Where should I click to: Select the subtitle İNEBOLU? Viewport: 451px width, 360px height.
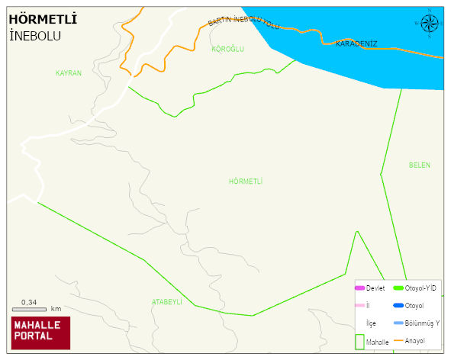point(35,36)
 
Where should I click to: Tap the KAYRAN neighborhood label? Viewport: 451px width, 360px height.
point(68,73)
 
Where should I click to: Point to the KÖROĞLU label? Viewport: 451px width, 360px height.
point(227,49)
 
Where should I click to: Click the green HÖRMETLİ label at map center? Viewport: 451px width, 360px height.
point(245,182)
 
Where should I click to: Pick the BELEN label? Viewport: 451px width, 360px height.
point(419,166)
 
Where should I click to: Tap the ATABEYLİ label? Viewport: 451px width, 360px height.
point(166,302)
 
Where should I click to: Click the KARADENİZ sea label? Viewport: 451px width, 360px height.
point(356,43)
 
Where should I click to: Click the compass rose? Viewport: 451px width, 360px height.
point(430,24)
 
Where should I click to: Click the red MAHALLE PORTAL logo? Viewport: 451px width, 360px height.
point(40,332)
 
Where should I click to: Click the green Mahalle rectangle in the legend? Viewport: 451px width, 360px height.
point(359,340)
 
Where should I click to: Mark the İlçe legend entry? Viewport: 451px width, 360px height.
point(371,323)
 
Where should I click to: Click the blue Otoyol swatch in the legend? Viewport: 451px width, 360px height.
point(398,306)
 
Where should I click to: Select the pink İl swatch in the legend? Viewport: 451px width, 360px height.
point(359,306)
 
